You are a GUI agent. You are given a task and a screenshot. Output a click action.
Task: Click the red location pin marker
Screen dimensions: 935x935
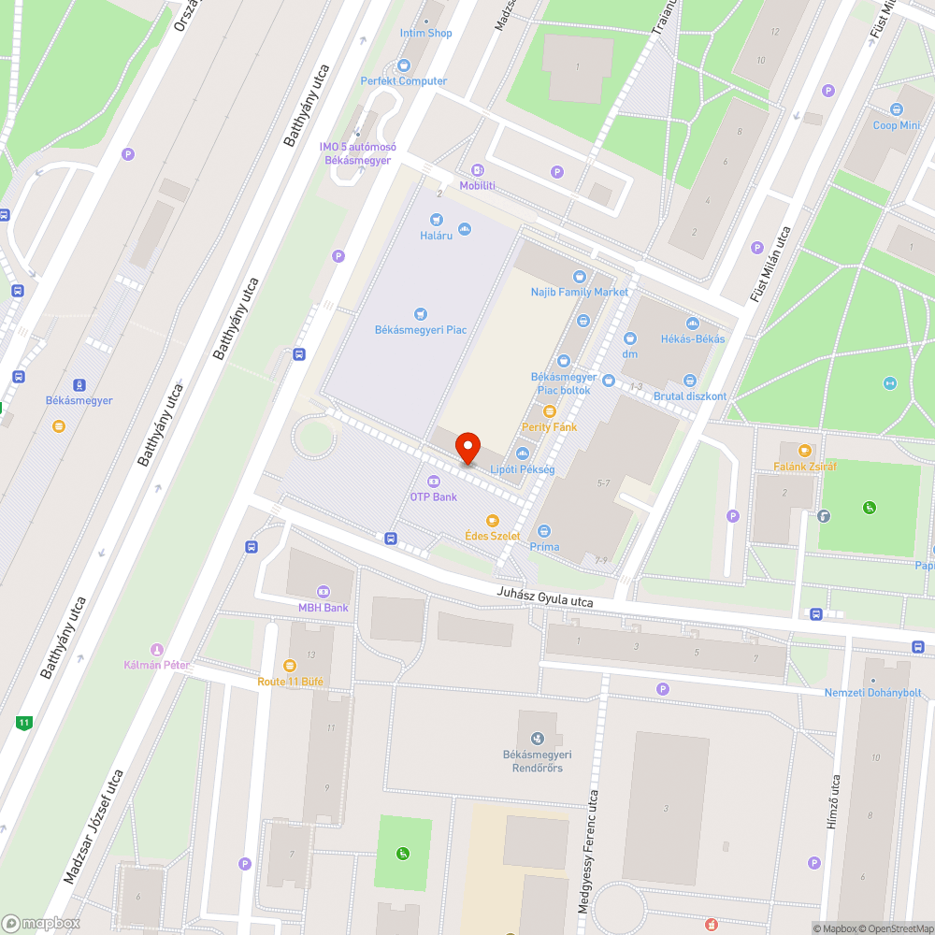tap(467, 449)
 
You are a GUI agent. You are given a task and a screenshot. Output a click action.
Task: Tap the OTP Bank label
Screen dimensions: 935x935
tap(433, 496)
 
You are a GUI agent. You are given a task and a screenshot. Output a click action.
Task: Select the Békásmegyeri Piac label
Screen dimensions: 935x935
tap(420, 330)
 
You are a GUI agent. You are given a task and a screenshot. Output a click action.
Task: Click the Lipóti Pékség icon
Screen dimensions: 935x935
tap(523, 453)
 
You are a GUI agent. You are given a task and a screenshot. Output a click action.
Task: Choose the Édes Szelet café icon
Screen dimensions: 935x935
tap(492, 520)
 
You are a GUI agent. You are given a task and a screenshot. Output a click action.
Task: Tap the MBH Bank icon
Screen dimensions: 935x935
tap(324, 591)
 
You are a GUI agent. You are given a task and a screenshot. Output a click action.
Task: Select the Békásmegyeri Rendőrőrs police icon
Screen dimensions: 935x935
tap(537, 740)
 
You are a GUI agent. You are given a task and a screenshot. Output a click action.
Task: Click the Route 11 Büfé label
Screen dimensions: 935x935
tap(291, 682)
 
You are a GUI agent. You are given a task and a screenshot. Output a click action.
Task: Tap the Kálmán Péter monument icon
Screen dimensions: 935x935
tap(157, 650)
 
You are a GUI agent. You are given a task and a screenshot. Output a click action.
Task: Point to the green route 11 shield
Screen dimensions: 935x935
tap(24, 722)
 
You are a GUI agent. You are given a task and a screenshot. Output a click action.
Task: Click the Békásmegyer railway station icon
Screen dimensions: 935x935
tap(79, 384)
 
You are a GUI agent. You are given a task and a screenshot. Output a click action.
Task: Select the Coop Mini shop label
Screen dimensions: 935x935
tap(897, 125)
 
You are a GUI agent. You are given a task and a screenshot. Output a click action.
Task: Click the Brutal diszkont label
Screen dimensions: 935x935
tap(690, 396)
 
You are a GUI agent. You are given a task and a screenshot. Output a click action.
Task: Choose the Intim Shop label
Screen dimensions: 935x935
tap(426, 33)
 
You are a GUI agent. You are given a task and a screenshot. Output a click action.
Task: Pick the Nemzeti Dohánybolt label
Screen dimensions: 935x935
tap(872, 693)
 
